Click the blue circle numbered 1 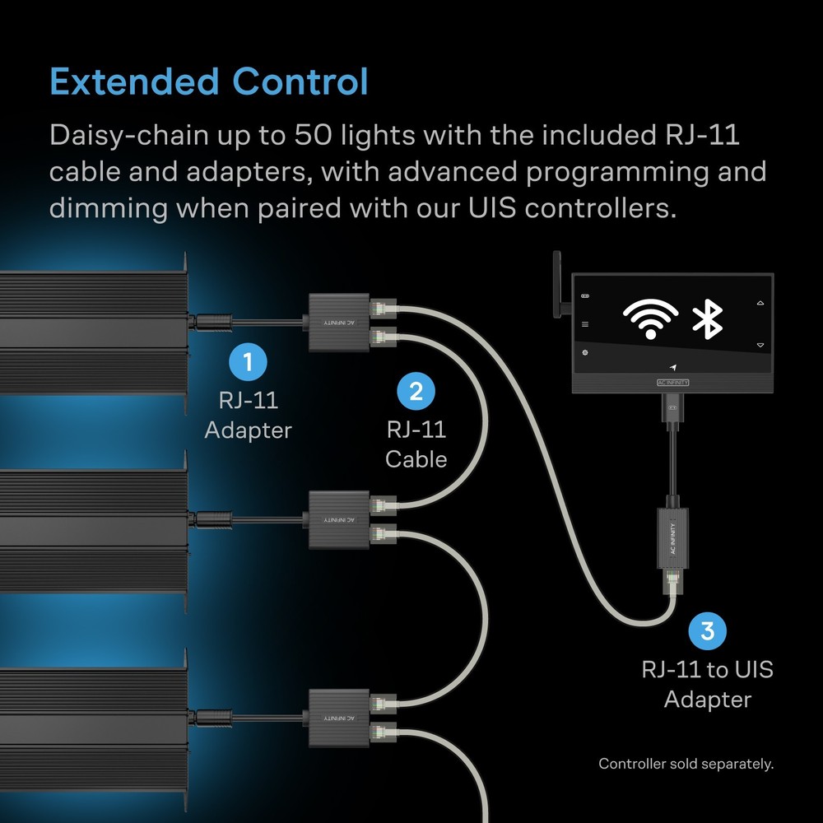(248, 361)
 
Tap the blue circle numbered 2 (416, 391)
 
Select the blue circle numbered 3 (708, 630)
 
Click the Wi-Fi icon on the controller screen (650, 319)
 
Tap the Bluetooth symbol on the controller (708, 319)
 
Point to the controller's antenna (557, 284)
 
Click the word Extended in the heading (134, 81)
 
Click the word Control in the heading (300, 81)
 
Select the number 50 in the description (313, 135)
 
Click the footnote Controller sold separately (686, 764)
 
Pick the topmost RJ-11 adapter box (338, 323)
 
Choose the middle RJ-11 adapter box (338, 519)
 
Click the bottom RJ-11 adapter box (338, 718)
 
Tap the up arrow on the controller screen (760, 304)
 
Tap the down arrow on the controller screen (760, 345)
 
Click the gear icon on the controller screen (585, 352)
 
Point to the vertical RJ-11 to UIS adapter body (673, 538)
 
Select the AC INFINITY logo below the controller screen (673, 383)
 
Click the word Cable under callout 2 (416, 459)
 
